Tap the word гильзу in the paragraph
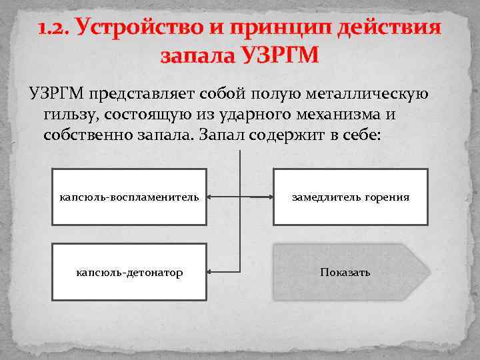(x=67, y=113)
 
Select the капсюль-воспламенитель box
(x=129, y=197)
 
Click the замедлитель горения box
(x=350, y=197)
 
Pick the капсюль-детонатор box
(x=129, y=273)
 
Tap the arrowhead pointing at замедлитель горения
(x=269, y=197)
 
